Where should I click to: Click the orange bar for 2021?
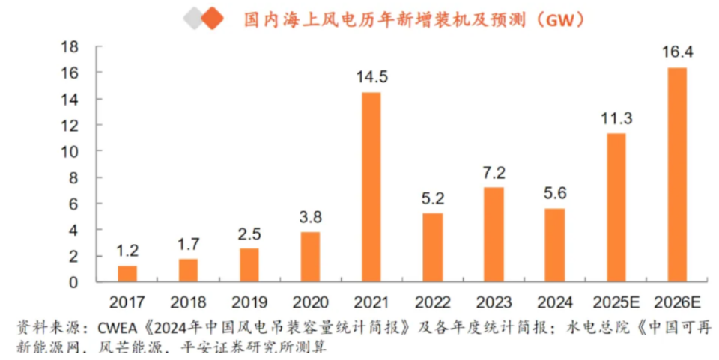coord(371,187)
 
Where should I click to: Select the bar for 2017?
coord(127,274)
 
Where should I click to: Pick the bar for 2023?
coord(494,234)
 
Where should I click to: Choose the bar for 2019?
coord(249,265)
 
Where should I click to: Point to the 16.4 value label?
coord(677,52)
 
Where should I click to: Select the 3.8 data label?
coord(310,217)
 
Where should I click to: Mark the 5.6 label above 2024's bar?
coord(555,193)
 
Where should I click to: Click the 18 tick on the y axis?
coord(69,46)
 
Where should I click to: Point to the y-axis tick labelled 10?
coord(69,151)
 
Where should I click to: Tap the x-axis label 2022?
coord(432,302)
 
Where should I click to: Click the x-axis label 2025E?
coord(616,302)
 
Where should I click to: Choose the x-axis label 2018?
coord(188,302)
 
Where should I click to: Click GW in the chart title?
coord(559,19)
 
